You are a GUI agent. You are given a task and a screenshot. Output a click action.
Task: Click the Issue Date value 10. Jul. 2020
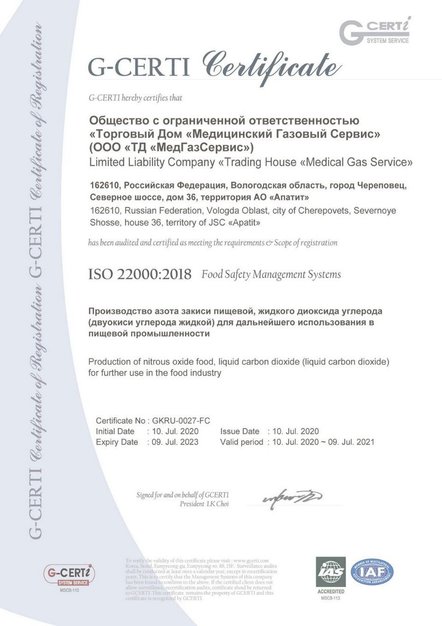pyautogui.click(x=295, y=431)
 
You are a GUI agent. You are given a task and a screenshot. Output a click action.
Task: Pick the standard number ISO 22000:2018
pyautogui.click(x=140, y=274)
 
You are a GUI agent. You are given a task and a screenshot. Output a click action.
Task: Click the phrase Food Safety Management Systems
pyautogui.click(x=271, y=274)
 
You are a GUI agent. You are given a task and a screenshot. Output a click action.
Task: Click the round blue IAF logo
pyautogui.click(x=372, y=572)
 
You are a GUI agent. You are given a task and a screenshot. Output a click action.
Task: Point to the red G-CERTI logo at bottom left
pyautogui.click(x=69, y=574)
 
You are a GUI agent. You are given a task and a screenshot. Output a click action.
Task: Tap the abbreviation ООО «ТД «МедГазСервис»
pyautogui.click(x=171, y=146)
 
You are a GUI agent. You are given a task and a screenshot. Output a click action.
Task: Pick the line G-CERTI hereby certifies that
pyautogui.click(x=135, y=98)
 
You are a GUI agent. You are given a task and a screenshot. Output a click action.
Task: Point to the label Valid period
pyautogui.click(x=242, y=442)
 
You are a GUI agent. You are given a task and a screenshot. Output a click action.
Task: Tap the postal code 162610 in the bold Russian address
pyautogui.click(x=104, y=186)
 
